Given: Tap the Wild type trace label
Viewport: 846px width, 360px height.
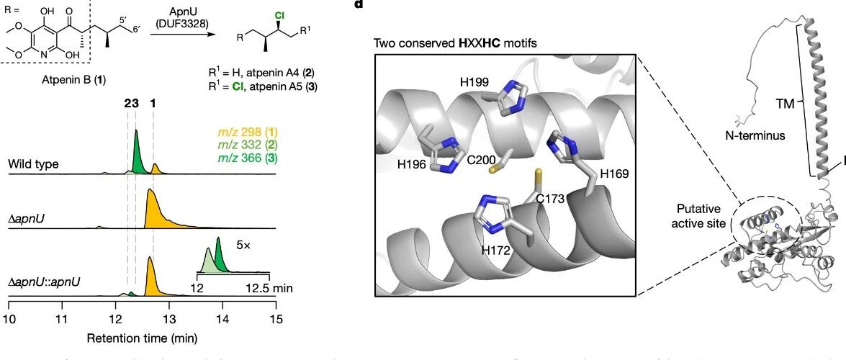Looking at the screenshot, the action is (x=33, y=164).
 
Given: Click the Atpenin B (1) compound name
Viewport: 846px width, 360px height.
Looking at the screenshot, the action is (x=76, y=79).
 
